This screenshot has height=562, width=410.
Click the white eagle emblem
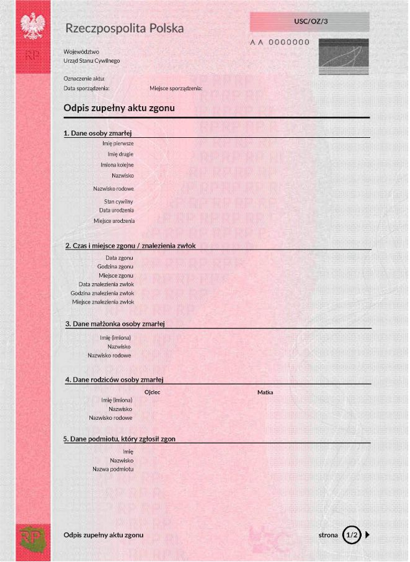point(33,27)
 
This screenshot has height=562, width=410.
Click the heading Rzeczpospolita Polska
point(124,29)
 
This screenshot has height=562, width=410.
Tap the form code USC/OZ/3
point(311,22)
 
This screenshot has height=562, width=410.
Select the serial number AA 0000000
point(280,42)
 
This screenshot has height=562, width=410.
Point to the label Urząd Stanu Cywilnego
point(92,61)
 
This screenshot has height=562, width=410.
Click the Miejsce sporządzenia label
point(176,88)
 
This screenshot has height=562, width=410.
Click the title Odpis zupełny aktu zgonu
point(119,108)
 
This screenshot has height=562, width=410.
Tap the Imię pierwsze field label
point(118,143)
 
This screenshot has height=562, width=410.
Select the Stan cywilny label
point(118,202)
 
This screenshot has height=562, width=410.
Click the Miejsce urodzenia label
point(114,220)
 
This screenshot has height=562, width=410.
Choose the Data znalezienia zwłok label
point(106,284)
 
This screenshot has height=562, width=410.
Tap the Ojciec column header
point(153,392)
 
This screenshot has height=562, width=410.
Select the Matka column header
point(265,392)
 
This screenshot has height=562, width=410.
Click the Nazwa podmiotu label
point(113,469)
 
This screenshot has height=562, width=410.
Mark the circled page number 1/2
point(352,535)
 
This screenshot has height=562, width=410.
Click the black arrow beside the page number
point(367,535)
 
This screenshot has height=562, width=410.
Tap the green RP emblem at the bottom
point(32,537)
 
